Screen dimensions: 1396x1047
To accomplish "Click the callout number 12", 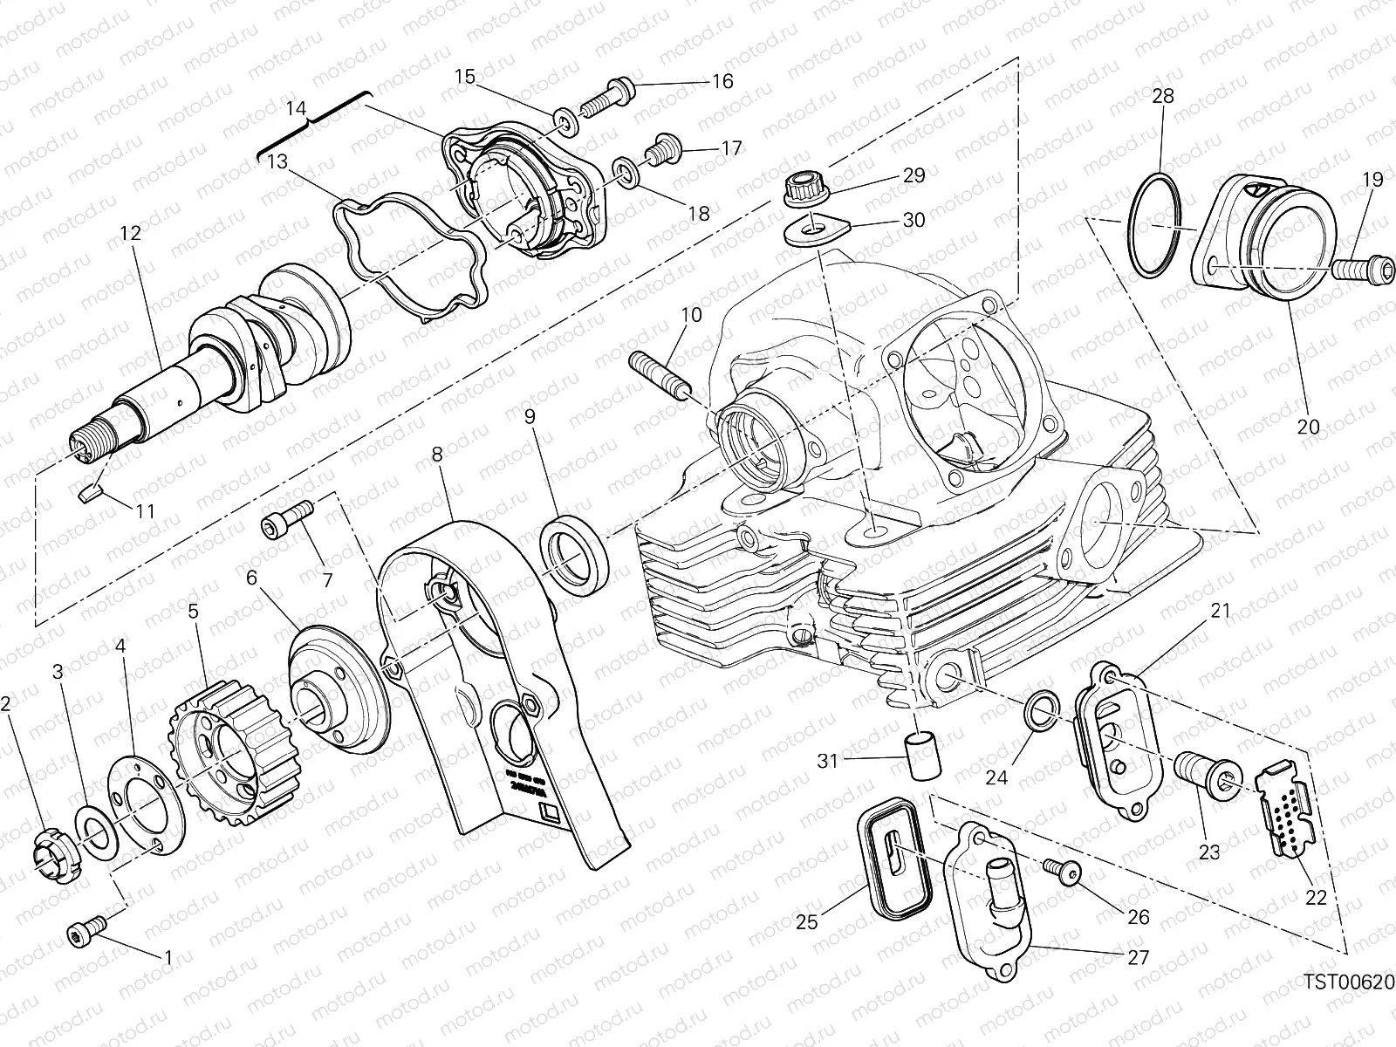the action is (130, 234).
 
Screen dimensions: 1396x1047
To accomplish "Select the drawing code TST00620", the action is (1350, 983).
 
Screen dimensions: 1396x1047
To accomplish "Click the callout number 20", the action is (1308, 427).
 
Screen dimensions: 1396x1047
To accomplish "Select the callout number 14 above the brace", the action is (298, 109).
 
